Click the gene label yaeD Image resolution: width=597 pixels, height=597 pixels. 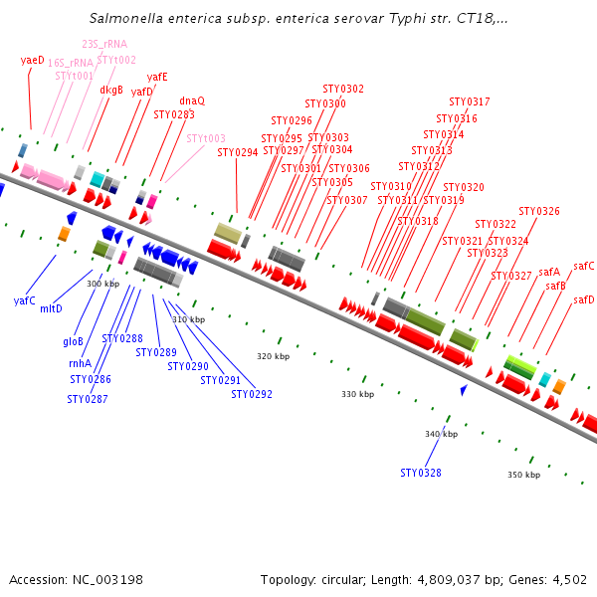tap(33, 60)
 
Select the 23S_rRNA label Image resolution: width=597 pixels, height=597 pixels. tap(103, 44)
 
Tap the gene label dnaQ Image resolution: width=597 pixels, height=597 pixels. tap(192, 100)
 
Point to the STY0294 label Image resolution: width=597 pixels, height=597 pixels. tap(237, 152)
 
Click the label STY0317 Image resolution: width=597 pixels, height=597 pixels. tap(469, 101)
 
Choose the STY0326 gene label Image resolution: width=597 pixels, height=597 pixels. tap(539, 211)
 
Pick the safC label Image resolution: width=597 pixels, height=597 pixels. tap(584, 266)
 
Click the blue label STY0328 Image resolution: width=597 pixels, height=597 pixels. tap(421, 473)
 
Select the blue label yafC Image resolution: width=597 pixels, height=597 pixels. tap(25, 300)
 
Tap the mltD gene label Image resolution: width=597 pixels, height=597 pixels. tap(51, 308)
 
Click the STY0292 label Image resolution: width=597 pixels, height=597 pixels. tap(252, 394)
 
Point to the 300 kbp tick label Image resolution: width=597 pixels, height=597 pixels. tap(102, 284)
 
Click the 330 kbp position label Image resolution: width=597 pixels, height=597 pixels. tap(357, 395)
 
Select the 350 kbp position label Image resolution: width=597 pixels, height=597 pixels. tap(523, 475)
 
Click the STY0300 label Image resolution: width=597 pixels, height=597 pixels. tap(325, 103)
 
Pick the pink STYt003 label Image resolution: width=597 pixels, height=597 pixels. tap(206, 138)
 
